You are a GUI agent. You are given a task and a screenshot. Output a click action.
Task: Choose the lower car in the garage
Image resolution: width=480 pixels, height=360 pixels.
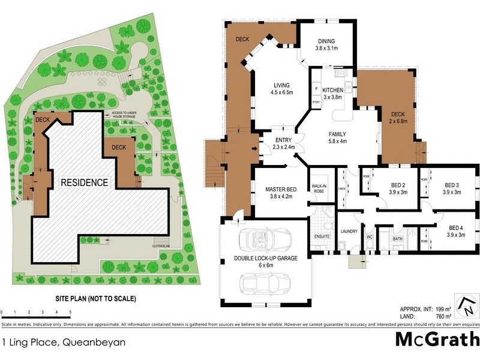(265, 282)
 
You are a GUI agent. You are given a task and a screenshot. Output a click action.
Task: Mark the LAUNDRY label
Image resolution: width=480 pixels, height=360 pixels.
(349, 230)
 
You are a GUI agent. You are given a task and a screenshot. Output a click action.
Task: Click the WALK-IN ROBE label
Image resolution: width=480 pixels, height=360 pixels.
(318, 187)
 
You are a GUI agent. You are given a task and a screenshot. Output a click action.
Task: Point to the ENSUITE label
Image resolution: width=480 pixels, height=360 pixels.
(322, 236)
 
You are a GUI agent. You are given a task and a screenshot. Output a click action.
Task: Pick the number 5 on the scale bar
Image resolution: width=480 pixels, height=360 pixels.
(70, 313)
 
